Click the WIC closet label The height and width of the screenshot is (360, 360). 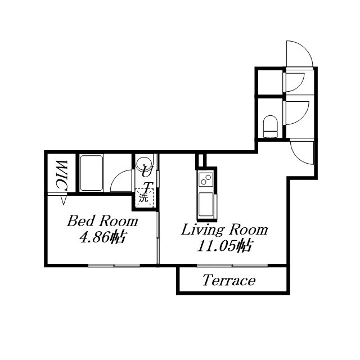62,175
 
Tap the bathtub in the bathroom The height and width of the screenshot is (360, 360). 91,173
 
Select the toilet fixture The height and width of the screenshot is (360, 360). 270,127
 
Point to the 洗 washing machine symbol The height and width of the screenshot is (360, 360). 144,197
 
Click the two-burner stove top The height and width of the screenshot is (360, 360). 206,179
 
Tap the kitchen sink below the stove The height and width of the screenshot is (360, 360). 206,204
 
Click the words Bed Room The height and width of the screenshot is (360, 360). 102,221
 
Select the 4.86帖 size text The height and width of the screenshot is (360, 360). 102,237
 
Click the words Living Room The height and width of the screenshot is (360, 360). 224,230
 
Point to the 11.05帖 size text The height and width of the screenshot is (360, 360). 225,246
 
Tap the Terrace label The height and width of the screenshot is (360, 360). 229,280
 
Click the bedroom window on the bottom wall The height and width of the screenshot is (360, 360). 114,265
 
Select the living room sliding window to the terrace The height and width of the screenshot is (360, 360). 232,265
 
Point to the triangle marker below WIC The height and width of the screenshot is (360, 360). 64,200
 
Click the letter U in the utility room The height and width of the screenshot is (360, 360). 145,172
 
